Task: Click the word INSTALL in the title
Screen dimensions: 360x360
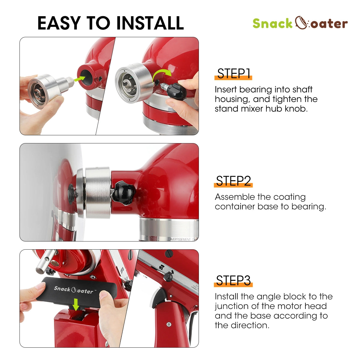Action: coord(150,23)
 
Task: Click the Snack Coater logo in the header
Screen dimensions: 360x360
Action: coord(300,23)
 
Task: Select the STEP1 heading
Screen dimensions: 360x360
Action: coord(233,74)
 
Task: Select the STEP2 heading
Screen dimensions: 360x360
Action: coord(233,181)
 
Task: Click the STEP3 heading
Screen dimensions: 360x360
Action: coord(233,281)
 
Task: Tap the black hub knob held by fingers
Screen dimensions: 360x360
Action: coord(177,90)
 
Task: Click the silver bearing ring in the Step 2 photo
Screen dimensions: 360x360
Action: coord(97,192)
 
